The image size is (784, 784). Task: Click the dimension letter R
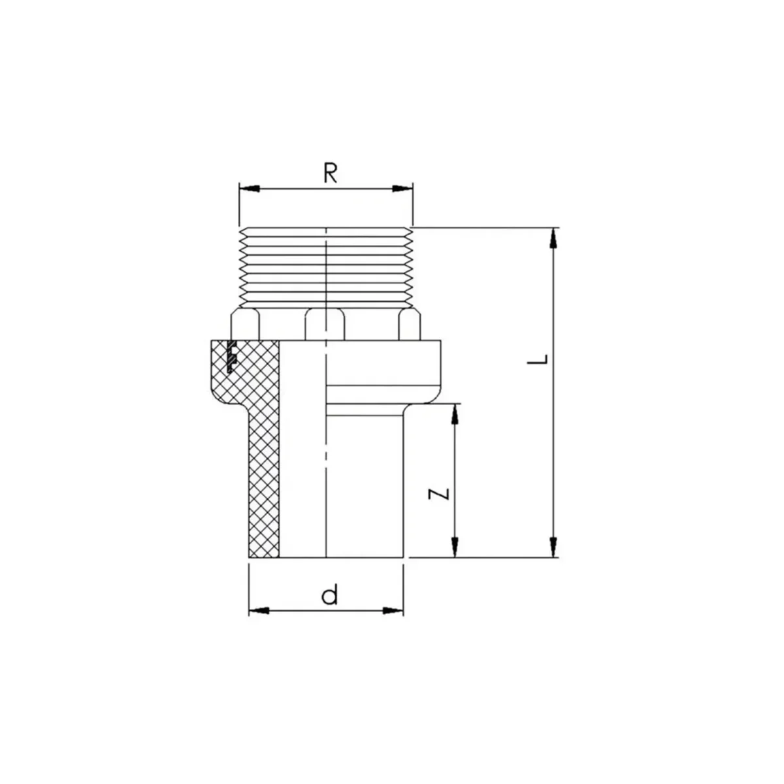pyautogui.click(x=330, y=173)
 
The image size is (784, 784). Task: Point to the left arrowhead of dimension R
pyautogui.click(x=250, y=188)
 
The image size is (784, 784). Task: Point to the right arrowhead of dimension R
pyautogui.click(x=402, y=188)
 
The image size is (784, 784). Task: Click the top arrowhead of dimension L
pyautogui.click(x=553, y=238)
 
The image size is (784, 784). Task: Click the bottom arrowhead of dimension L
pyautogui.click(x=553, y=547)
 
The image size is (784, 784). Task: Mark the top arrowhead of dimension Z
pyautogui.click(x=455, y=414)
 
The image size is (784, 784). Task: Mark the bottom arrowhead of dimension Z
pyautogui.click(x=455, y=547)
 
